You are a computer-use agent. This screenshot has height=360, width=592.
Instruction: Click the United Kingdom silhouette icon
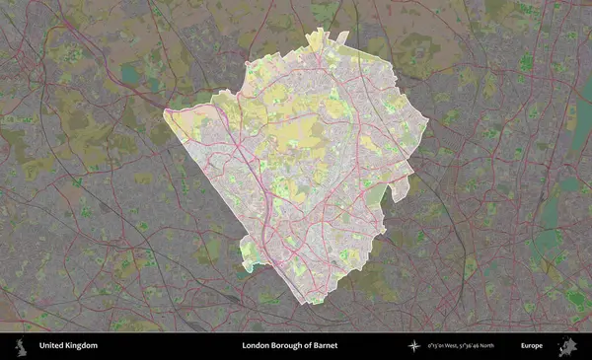(19, 346)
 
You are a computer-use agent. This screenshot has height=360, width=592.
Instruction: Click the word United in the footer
(50, 346)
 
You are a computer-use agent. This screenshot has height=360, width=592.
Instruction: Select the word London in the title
(256, 346)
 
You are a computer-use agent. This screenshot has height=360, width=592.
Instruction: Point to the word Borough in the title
(288, 346)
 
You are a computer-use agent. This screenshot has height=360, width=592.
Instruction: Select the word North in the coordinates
(510, 346)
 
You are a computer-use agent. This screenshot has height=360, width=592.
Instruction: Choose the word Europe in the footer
(532, 346)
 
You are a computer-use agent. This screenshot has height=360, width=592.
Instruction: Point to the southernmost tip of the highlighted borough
(312, 303)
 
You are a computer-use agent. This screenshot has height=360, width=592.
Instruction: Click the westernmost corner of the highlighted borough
(165, 110)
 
